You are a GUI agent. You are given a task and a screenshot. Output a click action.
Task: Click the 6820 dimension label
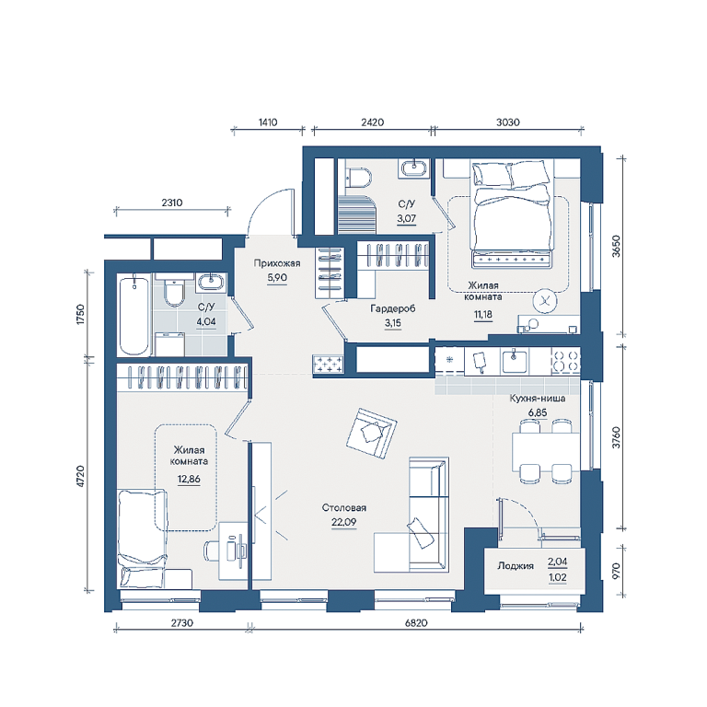(416, 622)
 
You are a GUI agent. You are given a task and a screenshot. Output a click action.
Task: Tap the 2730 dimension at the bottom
(181, 622)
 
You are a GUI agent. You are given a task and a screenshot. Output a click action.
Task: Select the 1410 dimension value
(268, 122)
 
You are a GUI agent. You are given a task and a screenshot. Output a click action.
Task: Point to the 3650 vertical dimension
(616, 246)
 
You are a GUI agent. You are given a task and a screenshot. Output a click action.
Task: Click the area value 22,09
(343, 522)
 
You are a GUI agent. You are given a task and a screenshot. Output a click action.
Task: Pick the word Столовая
(343, 508)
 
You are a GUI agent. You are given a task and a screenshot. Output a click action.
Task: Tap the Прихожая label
(276, 263)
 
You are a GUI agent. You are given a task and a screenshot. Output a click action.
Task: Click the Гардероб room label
(392, 309)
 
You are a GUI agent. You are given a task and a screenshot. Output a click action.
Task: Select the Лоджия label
(516, 565)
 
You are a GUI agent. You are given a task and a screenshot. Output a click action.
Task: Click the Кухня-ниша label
(538, 398)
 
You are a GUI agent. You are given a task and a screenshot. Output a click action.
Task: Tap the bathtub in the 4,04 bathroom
(133, 316)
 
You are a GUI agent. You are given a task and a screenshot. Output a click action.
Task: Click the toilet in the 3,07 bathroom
(358, 177)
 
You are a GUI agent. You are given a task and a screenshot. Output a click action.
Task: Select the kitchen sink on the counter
(514, 360)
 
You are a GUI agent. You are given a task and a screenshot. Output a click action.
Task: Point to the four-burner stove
(566, 360)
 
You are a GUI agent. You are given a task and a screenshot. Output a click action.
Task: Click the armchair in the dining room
(372, 434)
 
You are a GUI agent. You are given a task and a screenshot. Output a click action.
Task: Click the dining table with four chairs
(546, 452)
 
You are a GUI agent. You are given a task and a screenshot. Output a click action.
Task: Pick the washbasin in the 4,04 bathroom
(211, 283)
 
